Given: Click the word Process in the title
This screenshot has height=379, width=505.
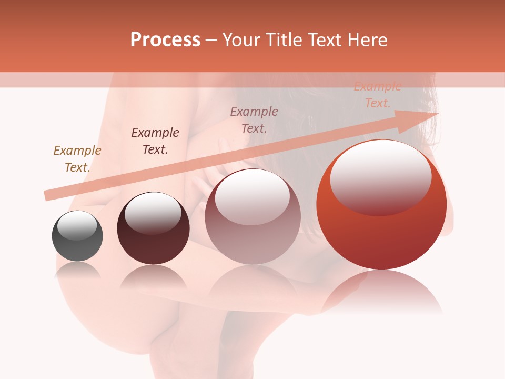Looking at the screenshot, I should pyautogui.click(x=165, y=40).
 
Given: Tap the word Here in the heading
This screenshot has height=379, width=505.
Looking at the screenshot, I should pyautogui.click(x=367, y=40).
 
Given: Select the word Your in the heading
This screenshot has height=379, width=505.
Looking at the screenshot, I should pyautogui.click(x=240, y=40).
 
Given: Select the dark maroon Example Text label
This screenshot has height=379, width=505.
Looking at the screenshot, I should pyautogui.click(x=155, y=141).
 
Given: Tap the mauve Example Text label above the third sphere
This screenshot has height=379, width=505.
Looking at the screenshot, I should pyautogui.click(x=254, y=119).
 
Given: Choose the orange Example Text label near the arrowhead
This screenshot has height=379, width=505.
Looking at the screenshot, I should pyautogui.click(x=377, y=95).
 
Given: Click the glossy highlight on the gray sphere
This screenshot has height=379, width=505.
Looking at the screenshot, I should pyautogui.click(x=77, y=225).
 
